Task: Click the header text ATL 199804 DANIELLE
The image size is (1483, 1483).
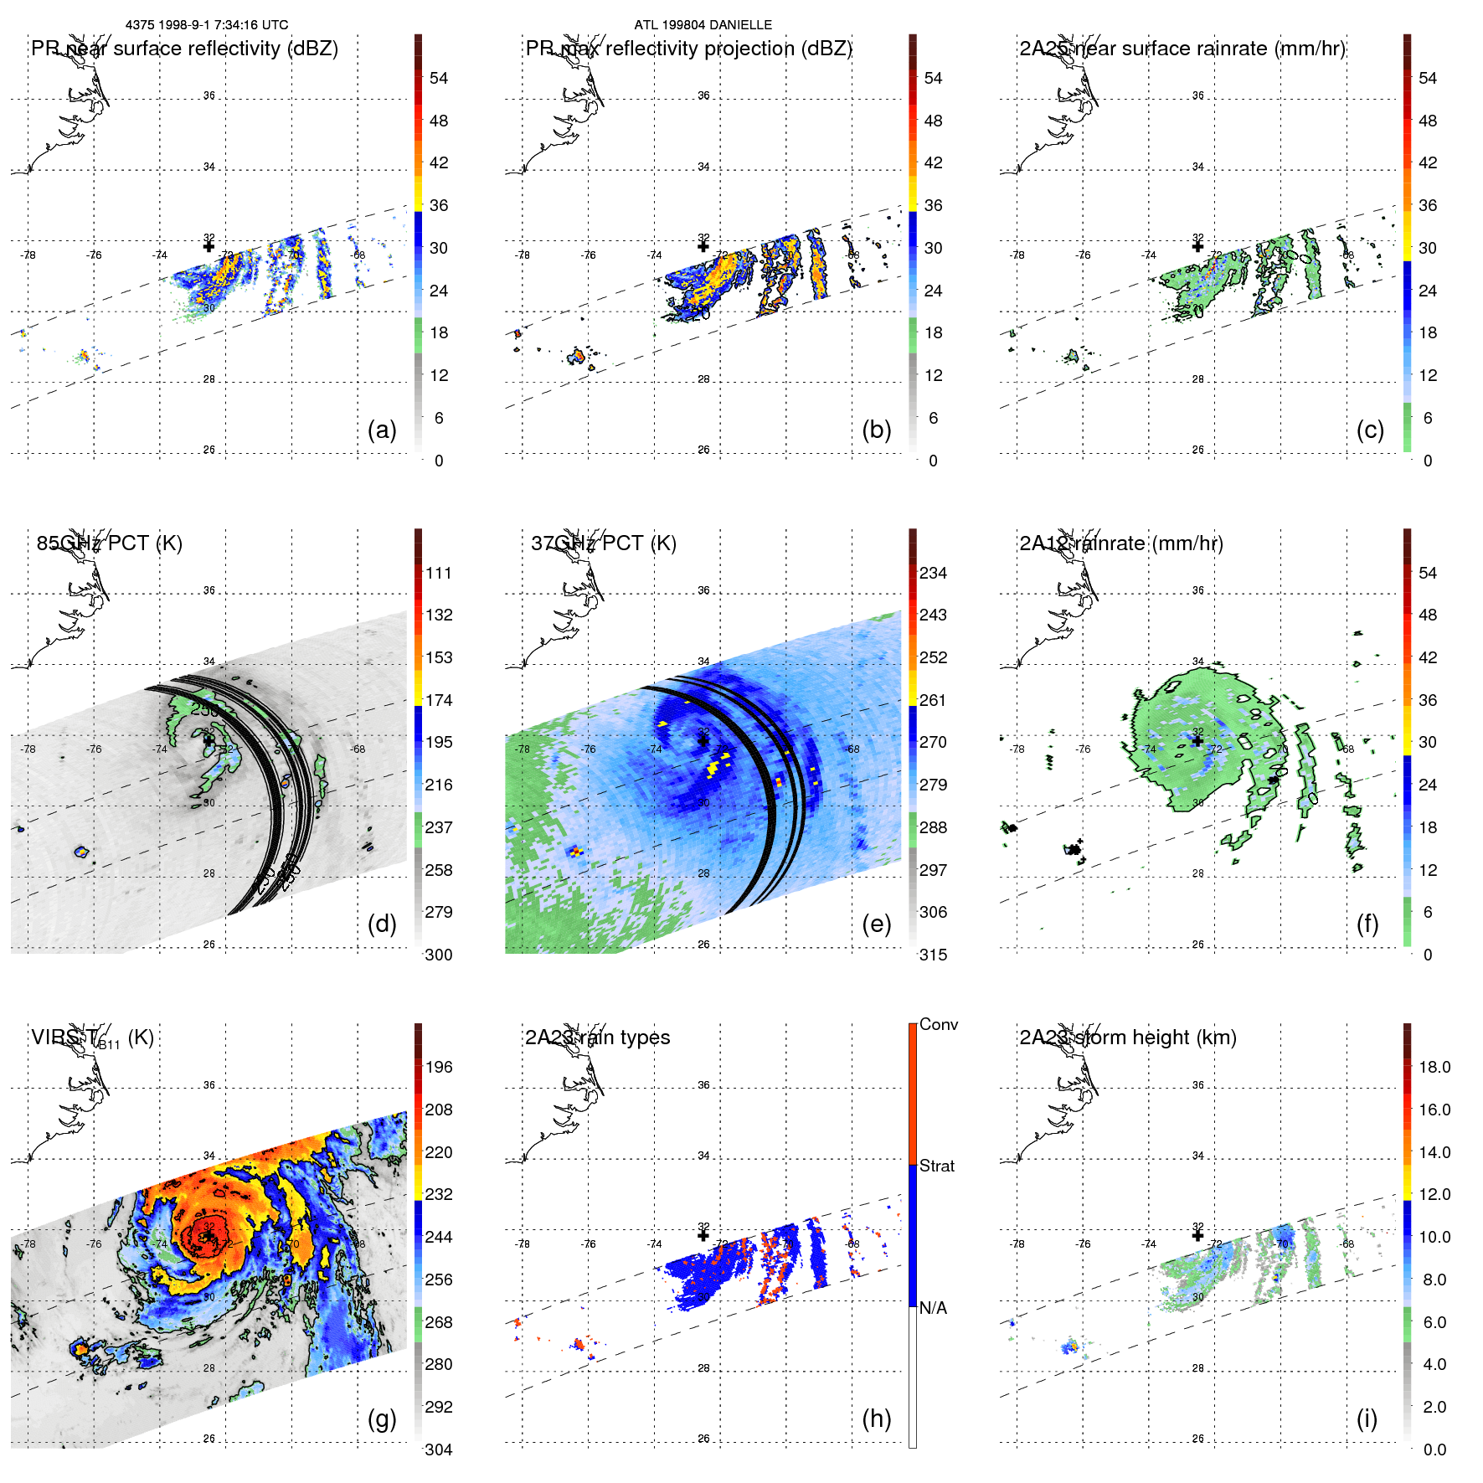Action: pos(703,25)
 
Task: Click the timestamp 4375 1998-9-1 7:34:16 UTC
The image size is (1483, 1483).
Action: pos(207,25)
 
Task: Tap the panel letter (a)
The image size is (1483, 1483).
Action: pos(382,430)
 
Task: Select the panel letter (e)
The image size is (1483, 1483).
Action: pos(876,924)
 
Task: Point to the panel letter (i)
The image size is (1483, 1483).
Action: pos(1367,1419)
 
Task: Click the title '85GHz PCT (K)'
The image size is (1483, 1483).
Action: pos(109,543)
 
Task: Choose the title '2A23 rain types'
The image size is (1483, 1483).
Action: pos(597,1038)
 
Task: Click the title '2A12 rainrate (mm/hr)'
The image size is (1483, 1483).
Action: pos(1121,543)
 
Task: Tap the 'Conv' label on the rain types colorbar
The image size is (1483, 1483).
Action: pos(938,1024)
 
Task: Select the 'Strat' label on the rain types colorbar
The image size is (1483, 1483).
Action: pos(936,1166)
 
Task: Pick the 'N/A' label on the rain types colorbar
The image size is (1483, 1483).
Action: pos(933,1308)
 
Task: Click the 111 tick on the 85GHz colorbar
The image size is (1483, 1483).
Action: pos(439,573)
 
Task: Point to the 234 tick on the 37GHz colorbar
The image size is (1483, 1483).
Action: pos(933,573)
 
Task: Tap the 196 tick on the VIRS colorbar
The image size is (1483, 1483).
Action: pos(439,1067)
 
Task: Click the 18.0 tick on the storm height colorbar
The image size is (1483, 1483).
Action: pos(1434,1067)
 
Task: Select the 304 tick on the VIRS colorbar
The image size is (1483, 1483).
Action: pos(439,1450)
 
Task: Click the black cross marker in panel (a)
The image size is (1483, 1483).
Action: pos(209,246)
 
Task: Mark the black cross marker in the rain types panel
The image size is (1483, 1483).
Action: pos(703,1235)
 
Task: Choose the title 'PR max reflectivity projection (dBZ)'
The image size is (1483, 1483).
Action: pos(688,49)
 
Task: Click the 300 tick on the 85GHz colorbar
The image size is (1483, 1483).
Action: pos(439,955)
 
